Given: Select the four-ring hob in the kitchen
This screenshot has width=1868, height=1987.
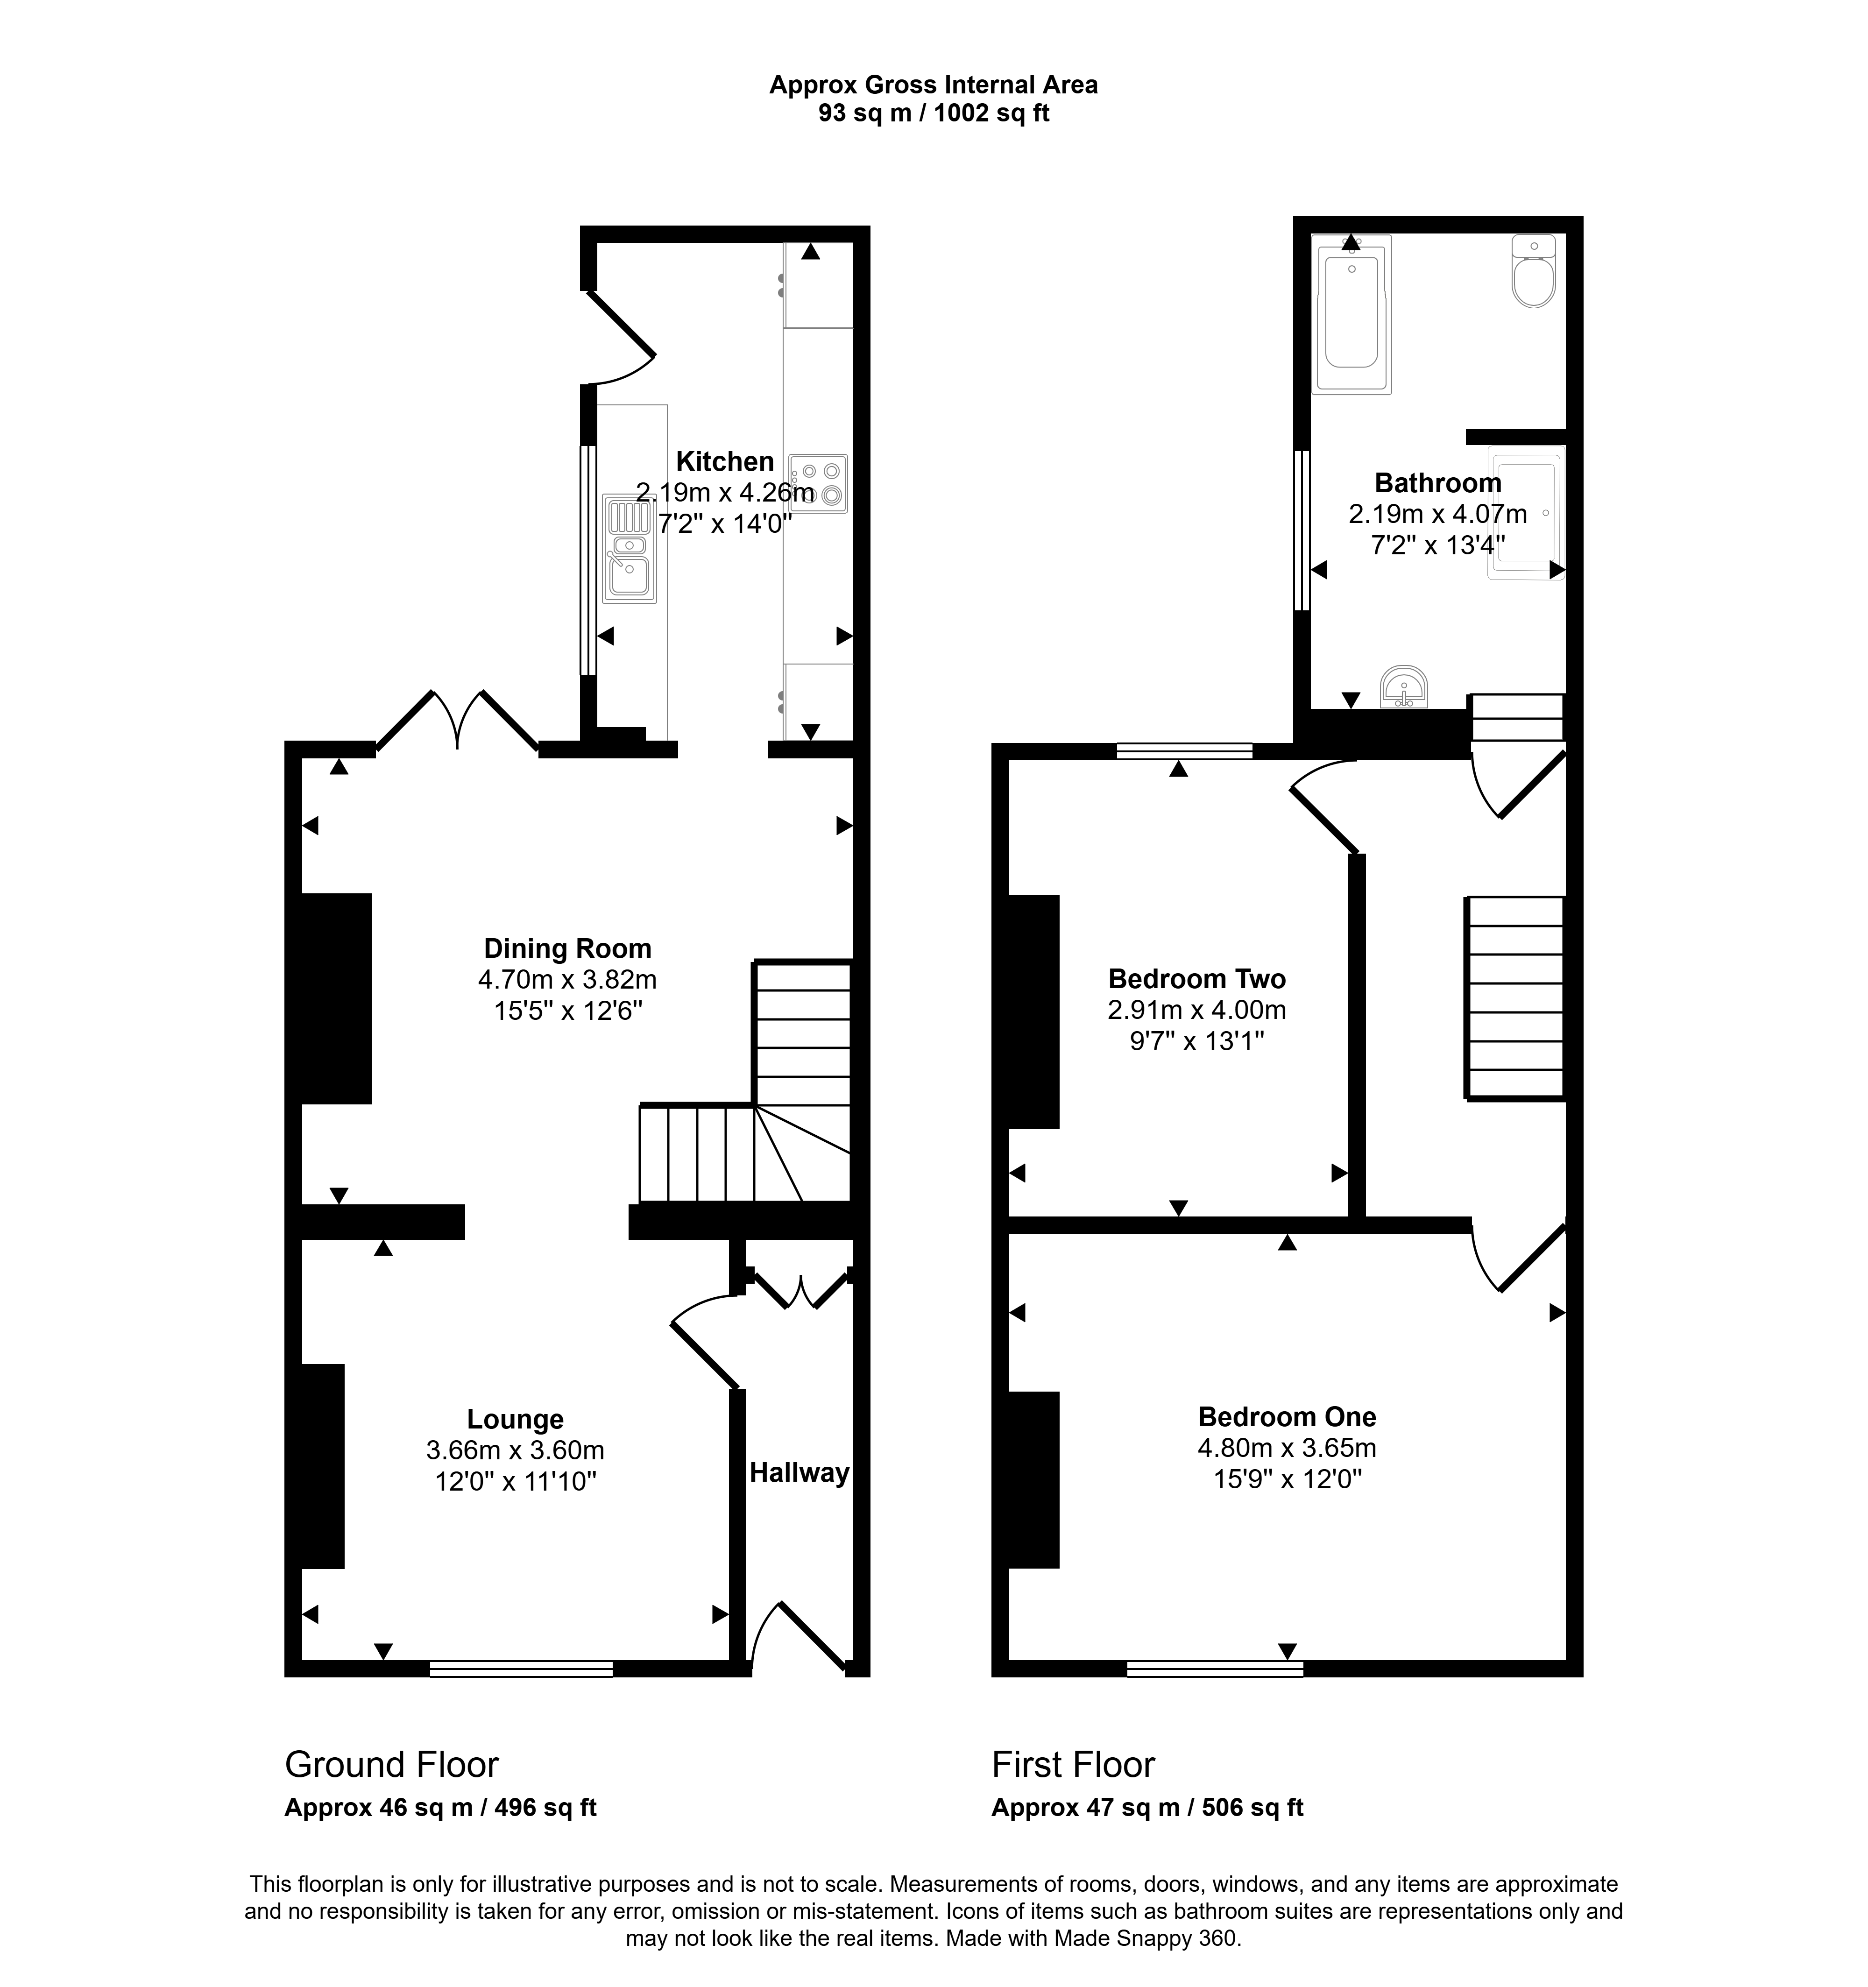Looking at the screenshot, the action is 818,484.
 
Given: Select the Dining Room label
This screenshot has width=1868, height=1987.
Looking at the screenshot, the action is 568,948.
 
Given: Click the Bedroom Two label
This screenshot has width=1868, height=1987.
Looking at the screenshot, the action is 1196,978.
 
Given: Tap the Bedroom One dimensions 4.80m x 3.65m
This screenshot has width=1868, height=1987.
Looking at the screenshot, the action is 1288,1447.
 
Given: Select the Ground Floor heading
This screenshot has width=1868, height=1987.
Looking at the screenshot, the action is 392,1765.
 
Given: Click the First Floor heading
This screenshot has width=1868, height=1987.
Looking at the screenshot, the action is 1074,1765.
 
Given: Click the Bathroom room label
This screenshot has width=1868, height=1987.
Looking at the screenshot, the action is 1438,483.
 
